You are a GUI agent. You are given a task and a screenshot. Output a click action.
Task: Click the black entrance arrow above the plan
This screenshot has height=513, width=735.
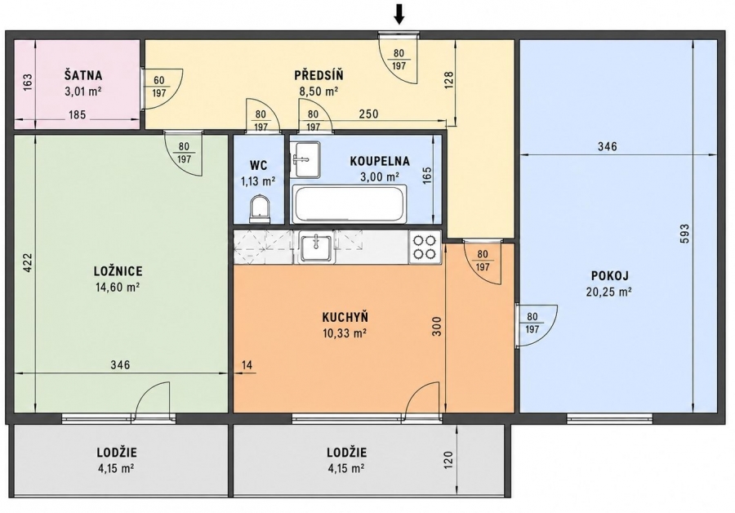pyautogui.click(x=399, y=14)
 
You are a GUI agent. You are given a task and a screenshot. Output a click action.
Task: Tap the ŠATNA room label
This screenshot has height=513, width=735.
pyautogui.click(x=83, y=75)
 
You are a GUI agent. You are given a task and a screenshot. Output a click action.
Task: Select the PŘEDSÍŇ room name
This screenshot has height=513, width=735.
pyautogui.click(x=318, y=75)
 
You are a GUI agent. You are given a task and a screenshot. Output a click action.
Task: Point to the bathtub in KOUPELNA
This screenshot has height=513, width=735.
pyautogui.click(x=349, y=204)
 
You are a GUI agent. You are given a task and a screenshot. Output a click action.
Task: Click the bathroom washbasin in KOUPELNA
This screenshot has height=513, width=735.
pyautogui.click(x=305, y=159)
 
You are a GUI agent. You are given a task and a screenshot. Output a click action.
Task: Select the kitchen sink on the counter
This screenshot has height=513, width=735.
pyautogui.click(x=316, y=248)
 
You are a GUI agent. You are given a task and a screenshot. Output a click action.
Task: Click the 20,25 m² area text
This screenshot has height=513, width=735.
pyautogui.click(x=608, y=292)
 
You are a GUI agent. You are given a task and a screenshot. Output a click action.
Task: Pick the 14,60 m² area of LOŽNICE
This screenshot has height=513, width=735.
pyautogui.click(x=117, y=288)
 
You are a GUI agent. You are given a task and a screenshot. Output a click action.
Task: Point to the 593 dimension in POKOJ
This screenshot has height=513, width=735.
pyautogui.click(x=685, y=234)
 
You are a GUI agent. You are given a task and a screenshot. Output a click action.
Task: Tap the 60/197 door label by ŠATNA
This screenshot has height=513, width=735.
pyautogui.click(x=159, y=87)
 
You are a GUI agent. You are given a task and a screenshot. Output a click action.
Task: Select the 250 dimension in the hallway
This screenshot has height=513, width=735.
pyautogui.click(x=368, y=114)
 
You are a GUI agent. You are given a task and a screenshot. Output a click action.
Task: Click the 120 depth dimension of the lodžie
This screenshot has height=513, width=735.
pyautogui.click(x=448, y=460)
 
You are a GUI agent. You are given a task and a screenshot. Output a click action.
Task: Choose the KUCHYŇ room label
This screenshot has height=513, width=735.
pyautogui.click(x=345, y=318)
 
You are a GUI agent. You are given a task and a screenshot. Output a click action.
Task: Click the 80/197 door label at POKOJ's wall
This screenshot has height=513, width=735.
pyautogui.click(x=532, y=323)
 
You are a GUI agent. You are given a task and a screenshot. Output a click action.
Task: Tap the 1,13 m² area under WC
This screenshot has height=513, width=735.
pyautogui.click(x=258, y=181)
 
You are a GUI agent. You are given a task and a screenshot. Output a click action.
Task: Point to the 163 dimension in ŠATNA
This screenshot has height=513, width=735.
pyautogui.click(x=27, y=83)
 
